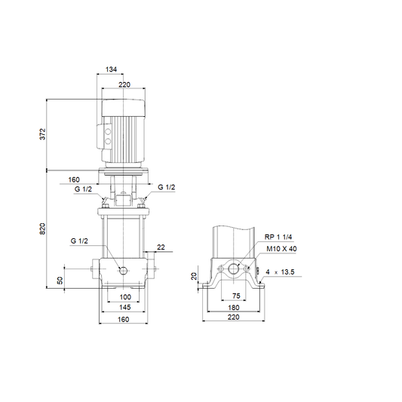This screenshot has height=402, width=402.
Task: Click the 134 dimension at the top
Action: coord(111,69)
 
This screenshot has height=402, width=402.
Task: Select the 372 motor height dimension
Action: coord(42,134)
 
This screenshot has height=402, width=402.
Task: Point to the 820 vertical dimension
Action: coord(42,229)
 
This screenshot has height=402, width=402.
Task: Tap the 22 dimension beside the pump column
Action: coord(161,247)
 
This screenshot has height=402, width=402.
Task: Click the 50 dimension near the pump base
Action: coord(60,281)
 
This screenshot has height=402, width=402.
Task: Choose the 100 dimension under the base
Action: coord(125,297)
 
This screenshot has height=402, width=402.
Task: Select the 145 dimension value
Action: coord(125,307)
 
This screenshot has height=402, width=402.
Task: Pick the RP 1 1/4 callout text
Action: coord(278,237)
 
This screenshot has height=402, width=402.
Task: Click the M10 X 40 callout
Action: coord(281,249)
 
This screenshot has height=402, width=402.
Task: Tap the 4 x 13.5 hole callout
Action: coord(280,272)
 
